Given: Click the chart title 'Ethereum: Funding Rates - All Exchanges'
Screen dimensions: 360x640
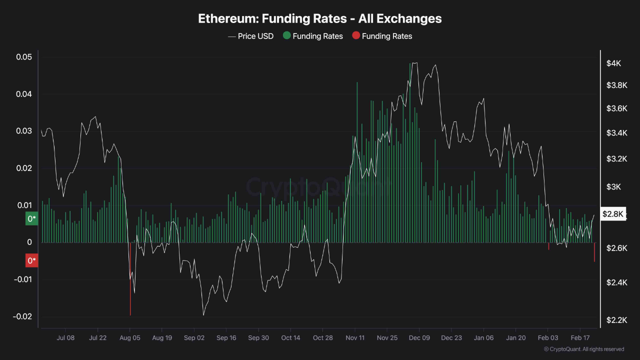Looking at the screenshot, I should tap(320, 18).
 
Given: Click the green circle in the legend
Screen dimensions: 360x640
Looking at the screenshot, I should tap(286, 36).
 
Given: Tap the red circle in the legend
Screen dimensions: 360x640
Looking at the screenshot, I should tap(355, 36).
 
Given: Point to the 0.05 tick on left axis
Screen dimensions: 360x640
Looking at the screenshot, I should tap(23, 57).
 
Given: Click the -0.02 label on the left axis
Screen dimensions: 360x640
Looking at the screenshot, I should tap(22, 316).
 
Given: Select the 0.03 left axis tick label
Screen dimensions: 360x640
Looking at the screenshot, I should tap(23, 131).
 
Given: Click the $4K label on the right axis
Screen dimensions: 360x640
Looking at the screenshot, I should tap(613, 63).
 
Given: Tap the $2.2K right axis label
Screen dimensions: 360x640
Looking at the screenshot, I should tap(616, 320).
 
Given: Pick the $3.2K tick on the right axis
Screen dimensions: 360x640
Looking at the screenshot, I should tap(616, 159).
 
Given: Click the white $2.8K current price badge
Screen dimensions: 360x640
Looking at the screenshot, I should tap(613, 214).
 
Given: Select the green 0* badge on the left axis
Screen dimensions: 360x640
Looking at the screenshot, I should tap(31, 219).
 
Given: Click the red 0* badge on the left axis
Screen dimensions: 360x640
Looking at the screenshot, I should tap(31, 260).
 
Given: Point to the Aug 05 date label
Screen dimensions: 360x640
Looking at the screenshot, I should tap(129, 338).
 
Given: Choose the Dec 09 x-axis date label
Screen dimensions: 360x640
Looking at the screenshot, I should tap(419, 338).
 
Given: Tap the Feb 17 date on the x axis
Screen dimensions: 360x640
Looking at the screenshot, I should tap(579, 338).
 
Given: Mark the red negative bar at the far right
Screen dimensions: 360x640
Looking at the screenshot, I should tap(594, 252).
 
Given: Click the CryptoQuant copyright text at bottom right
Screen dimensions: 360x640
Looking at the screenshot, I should tap(583, 349).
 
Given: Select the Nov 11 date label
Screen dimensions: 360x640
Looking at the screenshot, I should tap(354, 338).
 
